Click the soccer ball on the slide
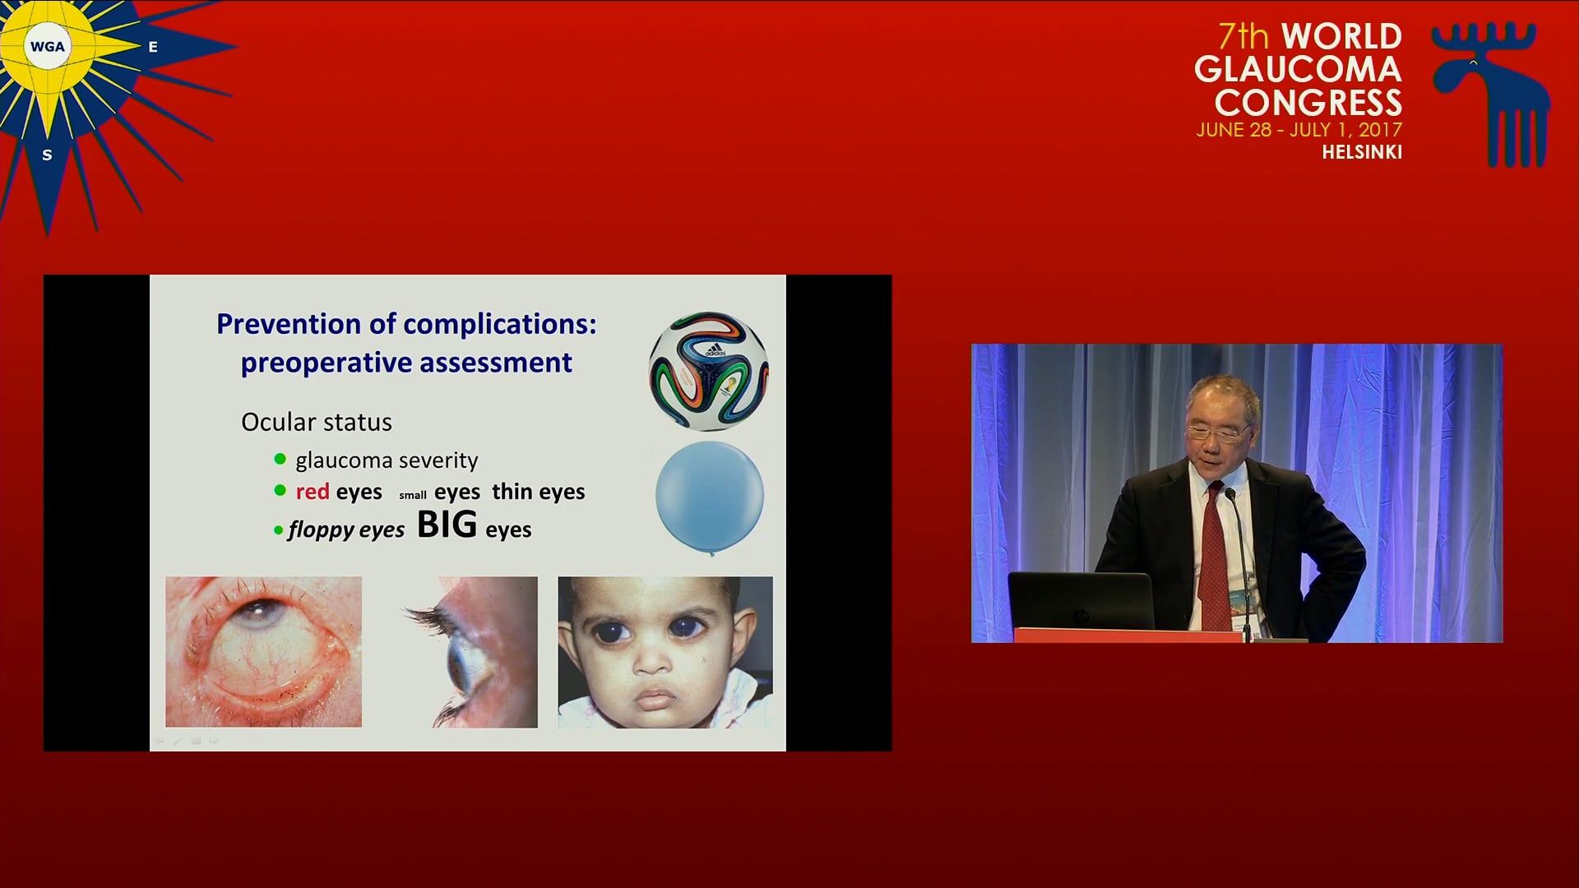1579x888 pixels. (x=709, y=371)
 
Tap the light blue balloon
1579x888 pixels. (x=710, y=497)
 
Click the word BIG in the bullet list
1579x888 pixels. (x=447, y=525)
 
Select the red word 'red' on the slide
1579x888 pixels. (x=313, y=492)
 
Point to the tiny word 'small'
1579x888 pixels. (x=413, y=495)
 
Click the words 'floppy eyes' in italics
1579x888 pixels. (x=346, y=530)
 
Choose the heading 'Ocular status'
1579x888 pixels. (x=317, y=422)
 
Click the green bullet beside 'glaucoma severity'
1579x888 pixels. (x=280, y=459)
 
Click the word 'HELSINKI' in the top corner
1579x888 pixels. (x=1362, y=152)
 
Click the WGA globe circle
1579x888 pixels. (x=47, y=47)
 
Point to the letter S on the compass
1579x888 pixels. (x=47, y=155)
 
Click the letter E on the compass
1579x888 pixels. (x=153, y=48)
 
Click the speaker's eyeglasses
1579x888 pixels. (x=1218, y=431)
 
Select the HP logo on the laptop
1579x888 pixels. (x=1081, y=615)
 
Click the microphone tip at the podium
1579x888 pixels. (x=1231, y=494)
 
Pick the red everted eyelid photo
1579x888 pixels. (x=263, y=651)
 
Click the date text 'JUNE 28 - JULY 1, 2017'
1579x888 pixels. (x=1299, y=130)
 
